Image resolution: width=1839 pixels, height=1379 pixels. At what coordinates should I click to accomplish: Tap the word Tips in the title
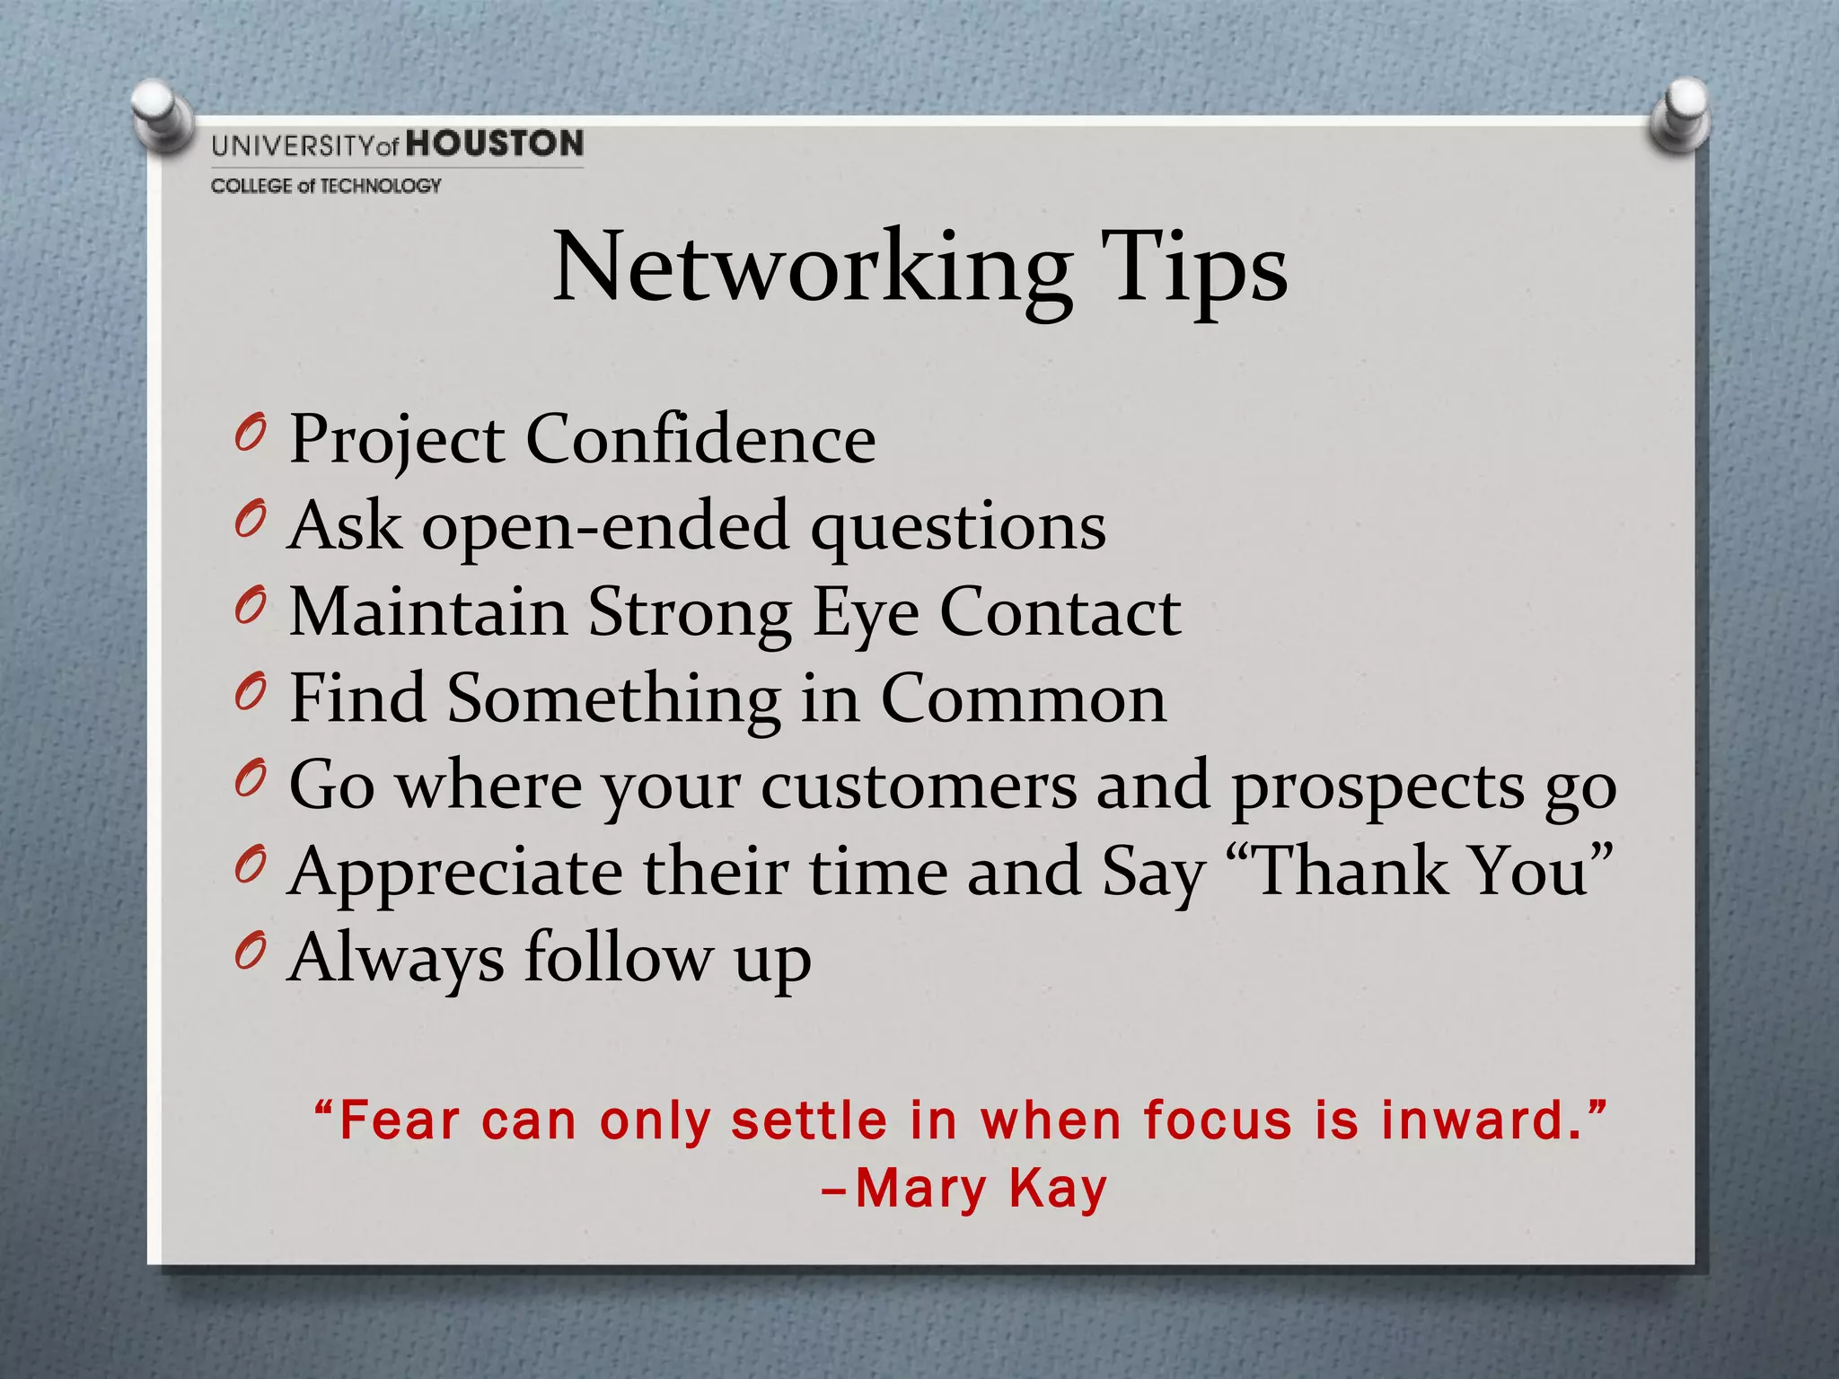coord(1195,268)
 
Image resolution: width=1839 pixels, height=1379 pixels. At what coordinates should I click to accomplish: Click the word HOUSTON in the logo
coord(495,144)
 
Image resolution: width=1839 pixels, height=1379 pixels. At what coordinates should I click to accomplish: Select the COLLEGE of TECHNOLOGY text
coord(326,186)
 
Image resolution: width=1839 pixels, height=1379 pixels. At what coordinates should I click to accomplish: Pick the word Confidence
coord(700,439)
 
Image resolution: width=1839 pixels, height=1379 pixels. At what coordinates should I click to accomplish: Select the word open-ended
coord(605,526)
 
